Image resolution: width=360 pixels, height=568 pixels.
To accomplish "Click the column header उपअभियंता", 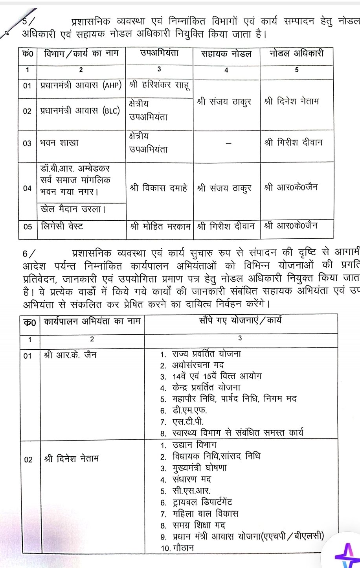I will tap(159, 53).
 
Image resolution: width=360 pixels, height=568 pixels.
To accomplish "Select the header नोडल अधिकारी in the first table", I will tap(296, 53).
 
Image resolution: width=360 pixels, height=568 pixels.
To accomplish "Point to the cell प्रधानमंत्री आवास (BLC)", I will tap(80, 111).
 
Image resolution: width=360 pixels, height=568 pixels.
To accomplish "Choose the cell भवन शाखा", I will tap(59, 143).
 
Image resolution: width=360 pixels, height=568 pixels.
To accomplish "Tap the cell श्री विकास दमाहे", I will tap(159, 188).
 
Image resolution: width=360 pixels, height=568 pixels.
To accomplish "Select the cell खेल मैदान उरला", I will tap(73, 209).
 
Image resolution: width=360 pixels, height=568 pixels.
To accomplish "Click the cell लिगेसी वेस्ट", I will tap(62, 226).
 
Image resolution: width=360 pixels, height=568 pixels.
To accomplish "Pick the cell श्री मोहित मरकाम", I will tap(160, 227).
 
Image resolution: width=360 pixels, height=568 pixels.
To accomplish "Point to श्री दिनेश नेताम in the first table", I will tap(292, 101).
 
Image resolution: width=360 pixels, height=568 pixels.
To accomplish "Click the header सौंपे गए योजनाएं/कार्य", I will tap(240, 320).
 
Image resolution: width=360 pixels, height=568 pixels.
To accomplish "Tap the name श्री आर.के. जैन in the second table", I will tap(70, 355).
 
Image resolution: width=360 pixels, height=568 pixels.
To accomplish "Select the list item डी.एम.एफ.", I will tap(189, 410).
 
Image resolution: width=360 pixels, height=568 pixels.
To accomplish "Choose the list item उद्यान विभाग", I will tap(194, 445).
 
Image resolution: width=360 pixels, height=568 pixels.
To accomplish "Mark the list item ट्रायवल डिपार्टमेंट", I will tap(202, 502).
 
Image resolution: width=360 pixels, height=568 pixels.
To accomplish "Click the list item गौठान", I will tap(183, 548).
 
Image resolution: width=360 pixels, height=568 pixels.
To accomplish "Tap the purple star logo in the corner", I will tap(346, 555).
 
